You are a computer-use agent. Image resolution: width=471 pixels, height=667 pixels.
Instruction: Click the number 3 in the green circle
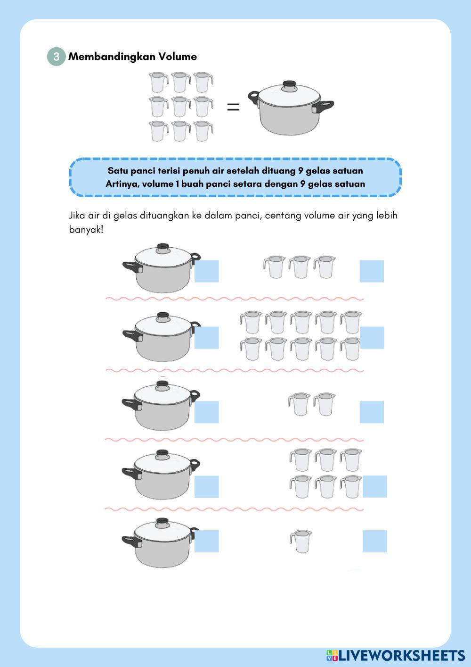pos(56,57)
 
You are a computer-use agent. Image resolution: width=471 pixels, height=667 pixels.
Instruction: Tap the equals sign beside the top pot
pos(234,107)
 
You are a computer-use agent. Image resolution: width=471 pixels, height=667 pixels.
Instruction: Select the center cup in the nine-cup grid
pos(181,106)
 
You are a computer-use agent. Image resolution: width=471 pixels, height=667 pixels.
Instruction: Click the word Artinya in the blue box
pos(122,184)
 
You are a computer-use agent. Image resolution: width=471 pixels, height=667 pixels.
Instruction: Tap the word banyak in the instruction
pos(86,229)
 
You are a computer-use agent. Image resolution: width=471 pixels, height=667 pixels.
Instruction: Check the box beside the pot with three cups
pos(207,271)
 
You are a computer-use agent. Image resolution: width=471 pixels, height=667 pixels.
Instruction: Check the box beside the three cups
pos(372,271)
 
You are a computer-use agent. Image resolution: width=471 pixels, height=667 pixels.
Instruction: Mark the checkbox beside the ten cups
pos(372,338)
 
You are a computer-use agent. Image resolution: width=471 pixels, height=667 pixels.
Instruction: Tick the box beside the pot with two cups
pos(207,412)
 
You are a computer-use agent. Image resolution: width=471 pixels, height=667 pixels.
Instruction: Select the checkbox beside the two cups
pos(372,412)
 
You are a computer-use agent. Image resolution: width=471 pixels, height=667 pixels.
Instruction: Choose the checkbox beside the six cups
pos(374,486)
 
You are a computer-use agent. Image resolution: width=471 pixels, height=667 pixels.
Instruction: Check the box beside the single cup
pos(374,541)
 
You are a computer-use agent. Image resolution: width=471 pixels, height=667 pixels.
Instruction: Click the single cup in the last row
pos(301,542)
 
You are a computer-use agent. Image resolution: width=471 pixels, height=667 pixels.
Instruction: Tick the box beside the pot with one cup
pos(207,541)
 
